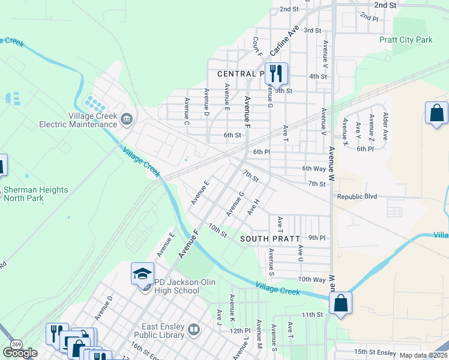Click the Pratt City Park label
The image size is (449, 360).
(x=406, y=40)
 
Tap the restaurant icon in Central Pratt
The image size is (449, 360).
(x=276, y=73)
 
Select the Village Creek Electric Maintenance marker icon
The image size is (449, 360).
(x=126, y=118)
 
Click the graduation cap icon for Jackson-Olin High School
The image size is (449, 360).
(x=143, y=274)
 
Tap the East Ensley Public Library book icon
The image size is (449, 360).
(x=194, y=329)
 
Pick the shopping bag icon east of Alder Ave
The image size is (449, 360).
(x=436, y=113)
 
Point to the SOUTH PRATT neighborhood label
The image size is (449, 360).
(x=270, y=239)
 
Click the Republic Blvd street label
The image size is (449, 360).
(x=357, y=197)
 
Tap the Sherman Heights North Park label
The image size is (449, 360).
(x=35, y=194)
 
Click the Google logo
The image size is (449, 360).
(x=20, y=353)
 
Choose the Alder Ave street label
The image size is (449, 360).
(x=385, y=126)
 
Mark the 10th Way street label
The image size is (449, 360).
(x=312, y=280)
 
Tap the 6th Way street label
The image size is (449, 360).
(x=314, y=169)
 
